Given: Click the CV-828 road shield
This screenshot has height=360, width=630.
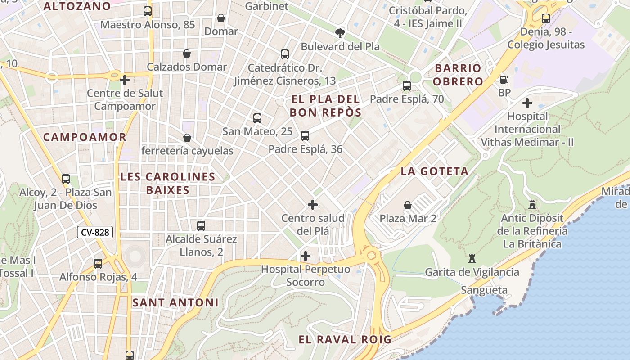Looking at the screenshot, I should [95, 232].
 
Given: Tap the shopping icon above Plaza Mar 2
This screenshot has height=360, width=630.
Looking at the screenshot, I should [408, 205].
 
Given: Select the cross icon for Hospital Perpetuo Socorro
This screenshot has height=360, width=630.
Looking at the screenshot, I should [306, 256].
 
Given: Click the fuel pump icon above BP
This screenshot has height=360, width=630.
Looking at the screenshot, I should [504, 80].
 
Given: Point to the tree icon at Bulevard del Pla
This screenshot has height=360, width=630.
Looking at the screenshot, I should [340, 33].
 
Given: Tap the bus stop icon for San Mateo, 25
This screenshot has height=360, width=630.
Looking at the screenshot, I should [257, 118].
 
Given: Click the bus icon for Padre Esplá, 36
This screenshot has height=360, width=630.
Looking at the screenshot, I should [305, 135].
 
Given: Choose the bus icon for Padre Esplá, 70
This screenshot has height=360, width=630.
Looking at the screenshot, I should [407, 85].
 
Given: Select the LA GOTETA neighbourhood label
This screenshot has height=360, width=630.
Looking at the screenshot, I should [435, 171].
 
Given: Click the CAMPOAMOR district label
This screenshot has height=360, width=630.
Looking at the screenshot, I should [85, 137].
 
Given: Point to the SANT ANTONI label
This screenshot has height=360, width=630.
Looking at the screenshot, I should [175, 303].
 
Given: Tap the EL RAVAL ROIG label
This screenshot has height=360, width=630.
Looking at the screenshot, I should [345, 339].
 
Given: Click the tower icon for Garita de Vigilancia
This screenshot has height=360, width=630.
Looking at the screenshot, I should [472, 259].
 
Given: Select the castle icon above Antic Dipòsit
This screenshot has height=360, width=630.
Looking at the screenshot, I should [532, 205].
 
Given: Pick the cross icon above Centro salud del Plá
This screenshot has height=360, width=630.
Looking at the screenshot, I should [313, 205].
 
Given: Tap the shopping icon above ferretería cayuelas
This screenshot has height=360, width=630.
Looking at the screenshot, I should [187, 138].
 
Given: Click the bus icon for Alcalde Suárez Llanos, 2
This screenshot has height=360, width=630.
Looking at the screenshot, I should [201, 225].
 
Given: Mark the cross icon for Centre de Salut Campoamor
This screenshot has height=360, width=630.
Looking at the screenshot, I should [125, 81].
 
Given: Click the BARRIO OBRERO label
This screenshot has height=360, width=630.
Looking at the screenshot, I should [459, 75].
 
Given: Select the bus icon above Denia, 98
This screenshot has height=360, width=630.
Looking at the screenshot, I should [546, 18].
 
